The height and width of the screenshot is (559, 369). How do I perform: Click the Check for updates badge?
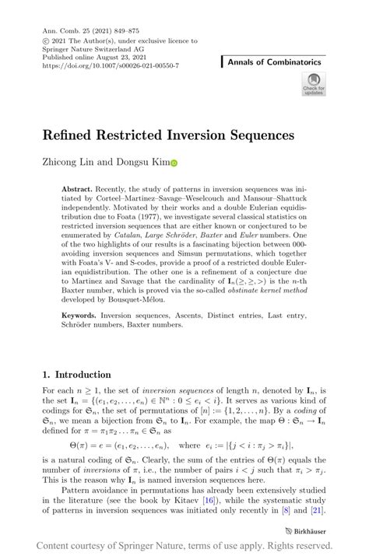314,83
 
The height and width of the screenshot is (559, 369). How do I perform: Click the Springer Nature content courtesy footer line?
184,547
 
